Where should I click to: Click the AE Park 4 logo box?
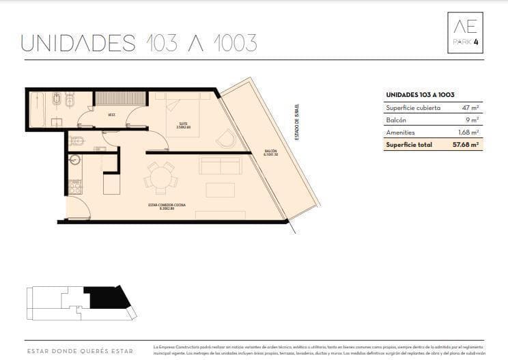465,33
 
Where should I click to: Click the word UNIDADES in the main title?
79,42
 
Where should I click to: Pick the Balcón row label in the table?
397,120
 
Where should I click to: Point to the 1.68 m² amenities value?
468,133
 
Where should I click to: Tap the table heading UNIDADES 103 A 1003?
420,95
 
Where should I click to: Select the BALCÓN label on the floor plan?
270,152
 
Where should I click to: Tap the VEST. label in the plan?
111,115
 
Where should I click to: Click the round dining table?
160,178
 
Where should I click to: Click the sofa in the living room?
220,165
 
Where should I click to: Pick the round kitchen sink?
75,161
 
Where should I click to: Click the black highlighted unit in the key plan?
108,298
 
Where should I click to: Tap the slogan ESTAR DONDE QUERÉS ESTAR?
80,352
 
